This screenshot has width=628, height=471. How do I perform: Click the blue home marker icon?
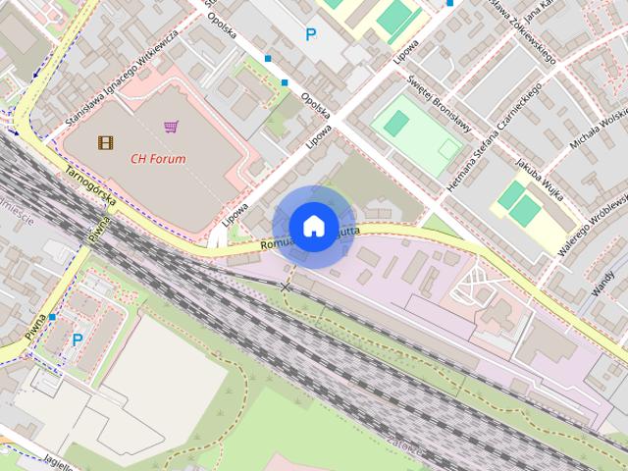[313, 226]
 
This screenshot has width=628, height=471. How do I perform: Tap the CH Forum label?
[158, 157]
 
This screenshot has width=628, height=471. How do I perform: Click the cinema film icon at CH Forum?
[106, 142]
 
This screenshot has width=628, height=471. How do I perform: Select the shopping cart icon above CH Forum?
[171, 127]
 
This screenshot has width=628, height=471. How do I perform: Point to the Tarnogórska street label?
[91, 184]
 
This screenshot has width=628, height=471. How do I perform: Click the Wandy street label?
[602, 283]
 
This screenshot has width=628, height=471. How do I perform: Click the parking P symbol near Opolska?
[311, 35]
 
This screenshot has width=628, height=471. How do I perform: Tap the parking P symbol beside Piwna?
[78, 340]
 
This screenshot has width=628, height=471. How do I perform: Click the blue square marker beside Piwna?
[52, 317]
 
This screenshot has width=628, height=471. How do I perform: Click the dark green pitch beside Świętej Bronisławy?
[396, 123]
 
